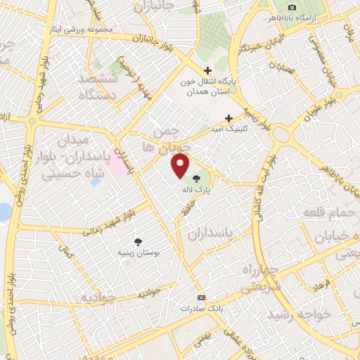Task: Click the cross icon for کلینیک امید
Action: pos(228,118)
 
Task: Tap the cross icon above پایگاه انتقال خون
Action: pos(207,70)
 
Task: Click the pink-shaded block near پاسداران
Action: pos(113,166)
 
